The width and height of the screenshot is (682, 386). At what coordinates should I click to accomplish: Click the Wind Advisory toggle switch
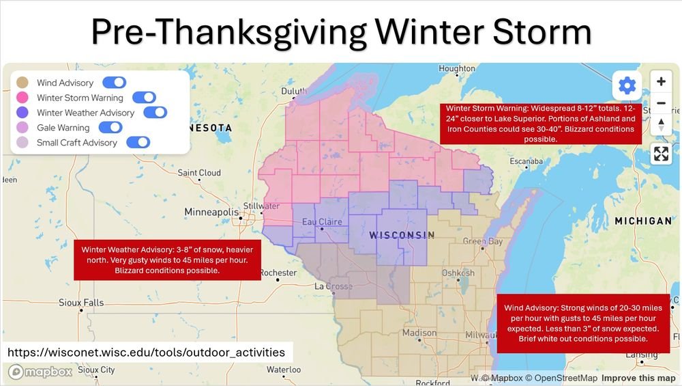(114, 83)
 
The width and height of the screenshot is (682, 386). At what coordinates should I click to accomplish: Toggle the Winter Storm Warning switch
(144, 98)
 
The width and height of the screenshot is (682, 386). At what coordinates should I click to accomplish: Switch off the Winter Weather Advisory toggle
(155, 113)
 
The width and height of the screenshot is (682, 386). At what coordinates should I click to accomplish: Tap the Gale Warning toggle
(110, 128)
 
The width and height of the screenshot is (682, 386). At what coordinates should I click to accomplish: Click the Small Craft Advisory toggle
(138, 143)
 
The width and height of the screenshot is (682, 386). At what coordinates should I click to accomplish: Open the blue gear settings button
(627, 85)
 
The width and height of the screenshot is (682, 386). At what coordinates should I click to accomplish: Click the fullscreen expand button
(661, 154)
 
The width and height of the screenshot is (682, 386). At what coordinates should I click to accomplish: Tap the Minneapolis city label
(211, 212)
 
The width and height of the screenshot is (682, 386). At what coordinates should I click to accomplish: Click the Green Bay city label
(483, 242)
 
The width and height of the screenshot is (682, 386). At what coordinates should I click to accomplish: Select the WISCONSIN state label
(402, 235)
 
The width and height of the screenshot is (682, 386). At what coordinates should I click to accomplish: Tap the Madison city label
(419, 333)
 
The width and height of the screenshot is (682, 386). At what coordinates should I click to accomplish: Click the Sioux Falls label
(81, 303)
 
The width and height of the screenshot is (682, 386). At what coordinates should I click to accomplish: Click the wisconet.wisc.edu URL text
(146, 353)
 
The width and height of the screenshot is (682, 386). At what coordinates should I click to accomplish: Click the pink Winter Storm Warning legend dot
(23, 98)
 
